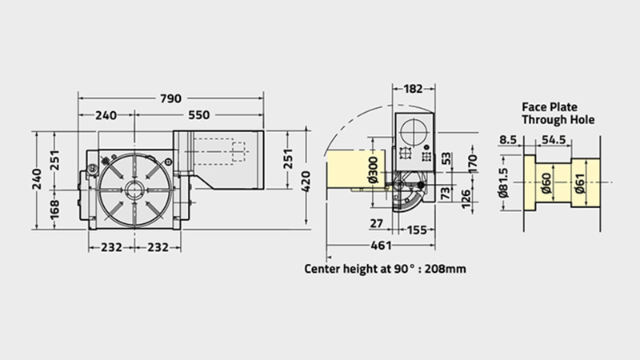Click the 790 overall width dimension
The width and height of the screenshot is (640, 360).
click(170, 98)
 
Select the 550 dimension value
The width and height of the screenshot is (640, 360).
click(198, 115)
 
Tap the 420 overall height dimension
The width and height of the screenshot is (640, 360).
click(306, 181)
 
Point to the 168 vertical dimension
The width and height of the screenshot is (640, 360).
click(54, 209)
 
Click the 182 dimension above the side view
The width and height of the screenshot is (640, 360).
click(413, 89)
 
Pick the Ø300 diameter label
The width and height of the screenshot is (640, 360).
click(373, 170)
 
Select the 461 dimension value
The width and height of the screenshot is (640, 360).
click(381, 246)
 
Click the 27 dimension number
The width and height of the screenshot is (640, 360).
click(376, 224)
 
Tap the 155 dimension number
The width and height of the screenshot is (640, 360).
click(416, 230)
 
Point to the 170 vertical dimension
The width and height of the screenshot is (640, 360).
click(472, 164)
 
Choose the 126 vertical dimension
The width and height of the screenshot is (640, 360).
click(466, 199)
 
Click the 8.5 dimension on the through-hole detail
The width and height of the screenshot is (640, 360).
click(508, 140)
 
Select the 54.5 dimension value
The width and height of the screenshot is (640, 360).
click(554, 140)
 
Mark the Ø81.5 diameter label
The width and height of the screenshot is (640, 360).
click(504, 183)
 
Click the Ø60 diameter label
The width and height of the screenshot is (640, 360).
click(546, 183)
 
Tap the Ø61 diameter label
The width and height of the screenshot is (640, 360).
click(579, 183)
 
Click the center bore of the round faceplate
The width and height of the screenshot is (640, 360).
click(134, 190)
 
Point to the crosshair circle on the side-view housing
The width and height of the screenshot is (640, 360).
click(414, 131)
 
